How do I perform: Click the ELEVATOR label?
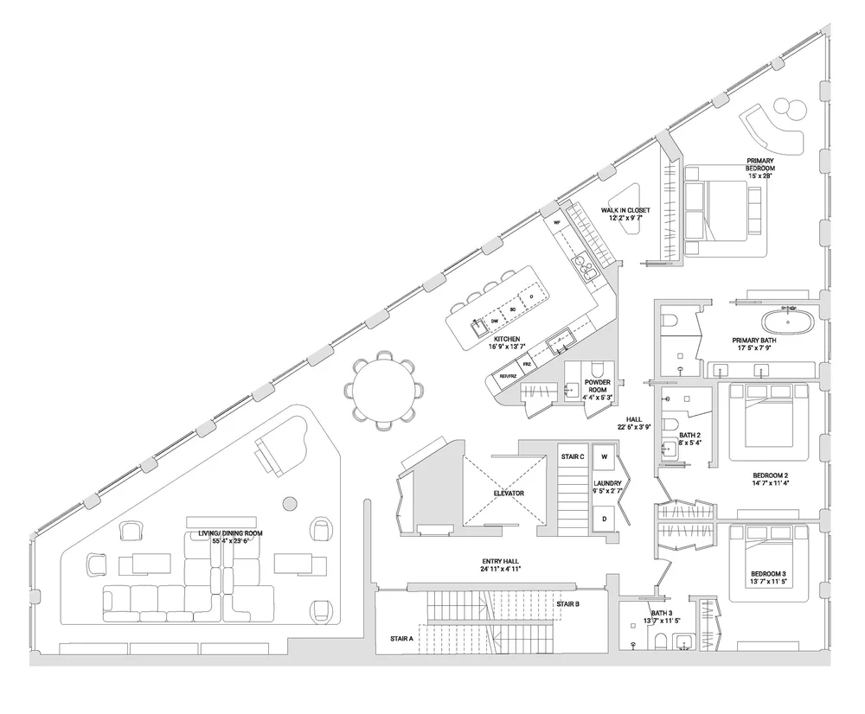[x=509, y=493]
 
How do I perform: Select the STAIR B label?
[x=567, y=603]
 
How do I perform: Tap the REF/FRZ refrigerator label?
[x=508, y=376]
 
